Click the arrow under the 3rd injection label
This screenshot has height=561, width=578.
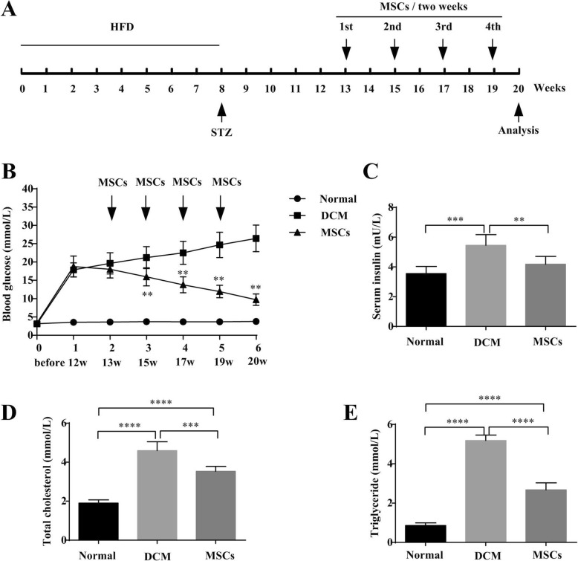point(444,53)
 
